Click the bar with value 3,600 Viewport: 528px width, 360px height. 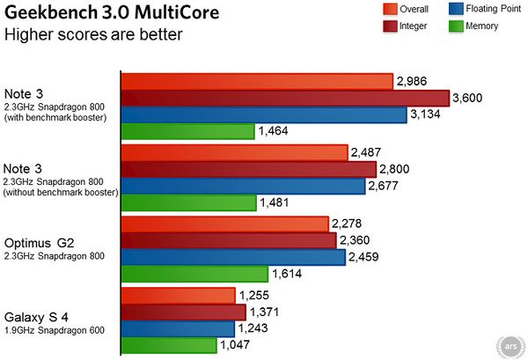(x=285, y=99)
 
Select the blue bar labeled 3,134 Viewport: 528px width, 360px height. (x=264, y=115)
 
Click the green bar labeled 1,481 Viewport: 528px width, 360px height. (x=188, y=202)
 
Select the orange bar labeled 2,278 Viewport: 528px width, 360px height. (x=226, y=224)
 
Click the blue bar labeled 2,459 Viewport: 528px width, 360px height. (x=233, y=257)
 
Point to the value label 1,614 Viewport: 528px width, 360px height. (x=287, y=274)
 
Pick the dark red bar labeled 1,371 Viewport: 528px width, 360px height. (x=183, y=312)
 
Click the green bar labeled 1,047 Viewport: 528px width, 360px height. (x=169, y=345)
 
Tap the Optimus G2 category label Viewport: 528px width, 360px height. (x=41, y=241)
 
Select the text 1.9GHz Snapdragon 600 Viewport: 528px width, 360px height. (x=55, y=331)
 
